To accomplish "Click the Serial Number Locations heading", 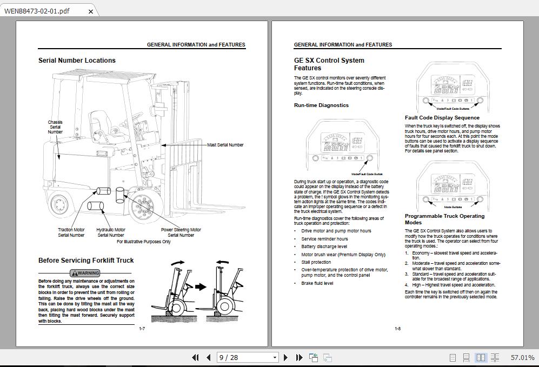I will (77, 61).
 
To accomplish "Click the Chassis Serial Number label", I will (55, 127).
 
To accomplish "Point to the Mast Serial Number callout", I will (225, 145).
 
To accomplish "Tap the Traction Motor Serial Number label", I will (71, 232).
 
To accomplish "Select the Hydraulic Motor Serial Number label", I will (111, 232).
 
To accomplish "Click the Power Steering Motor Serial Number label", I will (181, 232).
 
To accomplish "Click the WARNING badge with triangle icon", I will (85, 273).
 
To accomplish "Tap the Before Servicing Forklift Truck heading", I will (86, 260).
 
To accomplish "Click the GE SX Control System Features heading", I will (329, 64).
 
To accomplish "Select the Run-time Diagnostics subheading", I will (321, 105).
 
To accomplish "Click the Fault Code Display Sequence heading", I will (442, 117).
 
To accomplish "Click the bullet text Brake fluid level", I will (317, 283).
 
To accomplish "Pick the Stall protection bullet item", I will (316, 262).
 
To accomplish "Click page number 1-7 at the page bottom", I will (142, 329).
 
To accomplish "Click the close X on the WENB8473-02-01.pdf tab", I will (90, 11).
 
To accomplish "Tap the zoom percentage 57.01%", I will (522, 357).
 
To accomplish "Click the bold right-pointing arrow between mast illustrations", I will (200, 286).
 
